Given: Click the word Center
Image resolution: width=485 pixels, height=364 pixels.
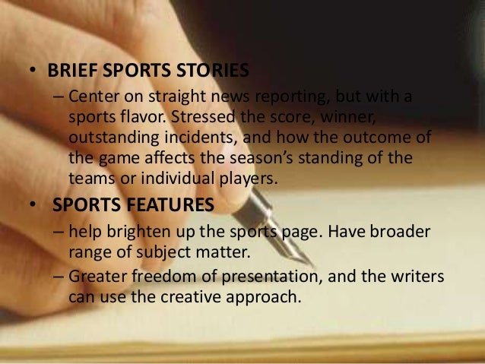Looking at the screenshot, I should click(x=91, y=100).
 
